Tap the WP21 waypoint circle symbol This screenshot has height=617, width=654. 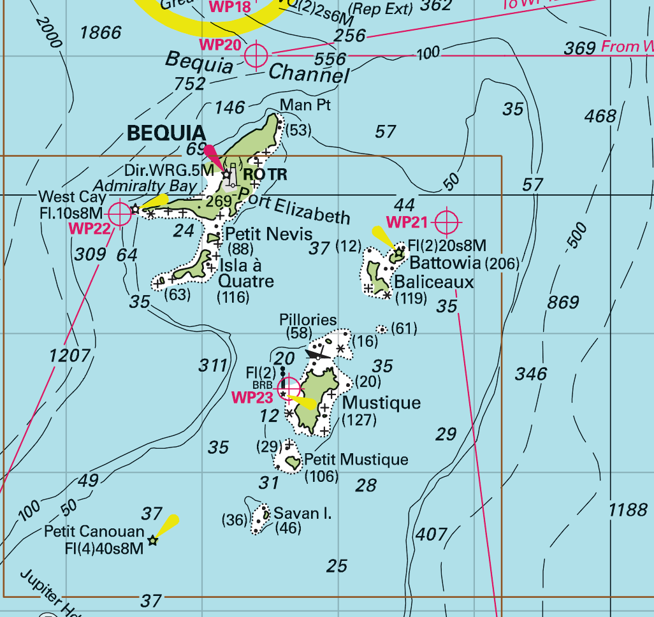447,222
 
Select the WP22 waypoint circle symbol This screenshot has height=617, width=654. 119,214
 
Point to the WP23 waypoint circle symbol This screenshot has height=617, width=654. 289,387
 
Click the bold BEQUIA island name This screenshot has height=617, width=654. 166,133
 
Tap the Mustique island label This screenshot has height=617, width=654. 381,403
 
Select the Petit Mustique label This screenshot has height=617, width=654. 356,460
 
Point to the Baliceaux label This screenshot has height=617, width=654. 433,282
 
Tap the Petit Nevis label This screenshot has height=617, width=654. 269,233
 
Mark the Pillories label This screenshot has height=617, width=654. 308,319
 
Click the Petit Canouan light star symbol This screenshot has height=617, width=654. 152,541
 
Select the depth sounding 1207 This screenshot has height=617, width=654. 69,355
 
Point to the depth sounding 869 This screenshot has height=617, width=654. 563,302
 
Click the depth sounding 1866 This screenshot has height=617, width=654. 101,33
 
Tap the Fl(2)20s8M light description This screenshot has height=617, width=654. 447,245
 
